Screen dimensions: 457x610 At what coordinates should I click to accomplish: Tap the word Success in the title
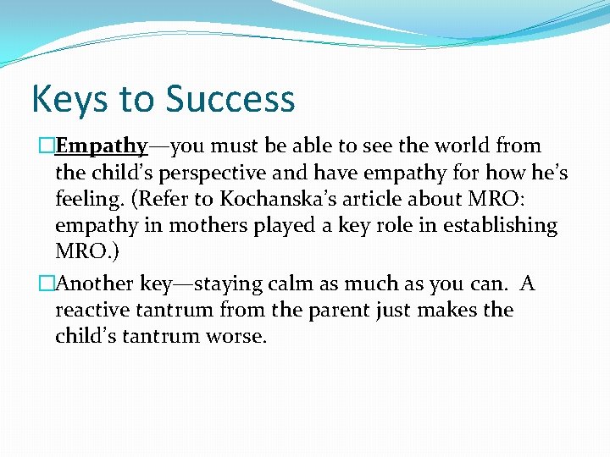tap(230, 100)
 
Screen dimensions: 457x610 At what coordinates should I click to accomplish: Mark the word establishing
tap(503, 227)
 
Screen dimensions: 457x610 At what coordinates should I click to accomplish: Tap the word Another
tap(98, 283)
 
